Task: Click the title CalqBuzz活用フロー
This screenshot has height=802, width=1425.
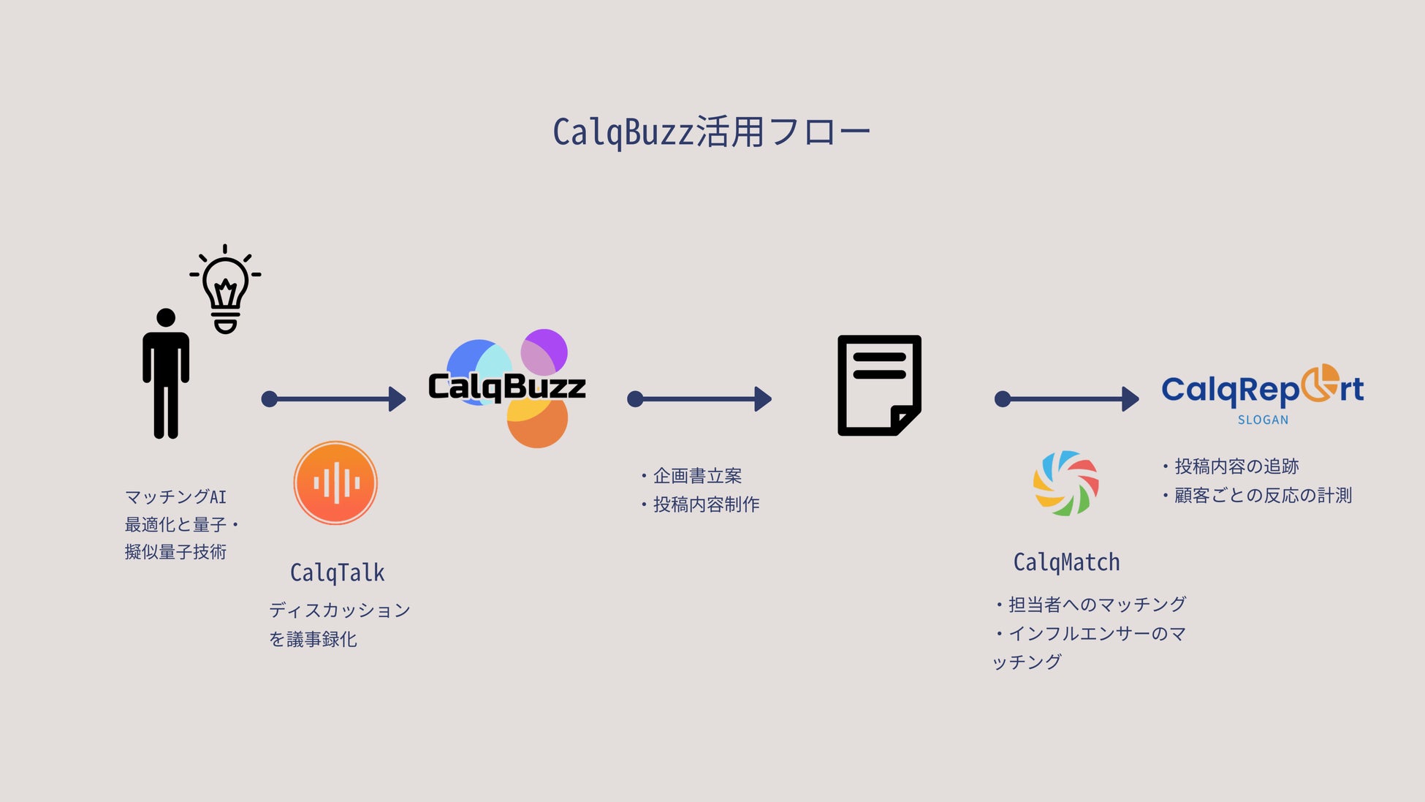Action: pos(711,132)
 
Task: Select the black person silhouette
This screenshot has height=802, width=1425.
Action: pos(166,374)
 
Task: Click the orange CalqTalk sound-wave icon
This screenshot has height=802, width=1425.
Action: pos(335,483)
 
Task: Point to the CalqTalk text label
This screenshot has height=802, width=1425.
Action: pos(337,572)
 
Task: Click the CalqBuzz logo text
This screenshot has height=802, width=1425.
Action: pos(506,387)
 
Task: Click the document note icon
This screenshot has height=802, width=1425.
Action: pos(879,385)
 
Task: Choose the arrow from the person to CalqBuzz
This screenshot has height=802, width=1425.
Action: pos(334,398)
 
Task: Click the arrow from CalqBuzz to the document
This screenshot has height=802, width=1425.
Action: pos(699,398)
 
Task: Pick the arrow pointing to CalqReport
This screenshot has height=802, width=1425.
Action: pos(1067,398)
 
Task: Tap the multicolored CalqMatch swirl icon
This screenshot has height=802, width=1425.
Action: pos(1065,483)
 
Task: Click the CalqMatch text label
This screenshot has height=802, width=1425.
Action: pos(1066,562)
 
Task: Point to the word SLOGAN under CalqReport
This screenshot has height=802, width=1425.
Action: pos(1263,420)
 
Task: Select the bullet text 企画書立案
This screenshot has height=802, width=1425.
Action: pos(697,476)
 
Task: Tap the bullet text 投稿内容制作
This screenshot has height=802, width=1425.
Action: pos(706,504)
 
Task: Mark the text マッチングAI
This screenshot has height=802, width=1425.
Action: pos(176,497)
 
